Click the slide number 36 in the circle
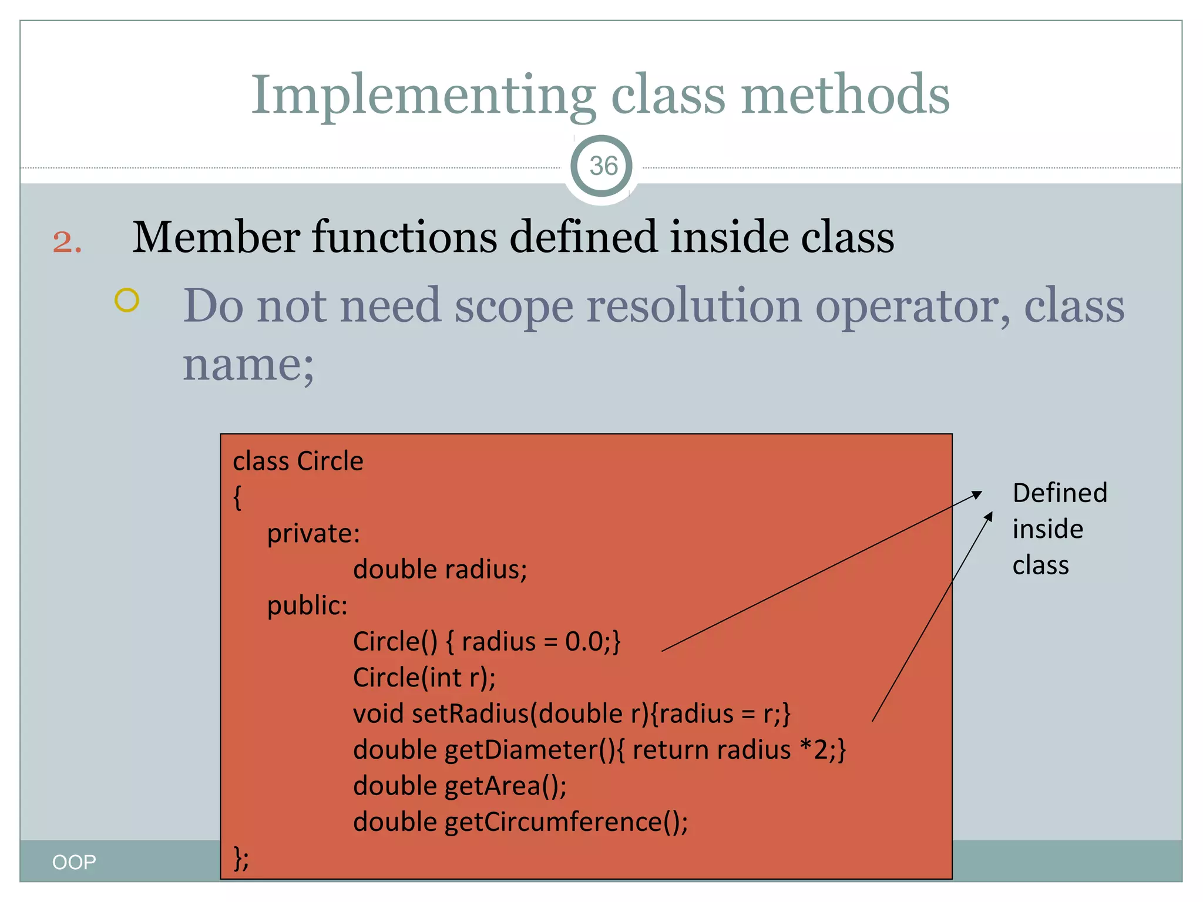pyautogui.click(x=603, y=166)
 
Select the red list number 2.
pyautogui.click(x=67, y=241)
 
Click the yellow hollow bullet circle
pyautogui.click(x=127, y=300)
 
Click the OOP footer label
pyautogui.click(x=74, y=862)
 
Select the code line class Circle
pyautogui.click(x=298, y=461)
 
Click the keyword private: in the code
pyautogui.click(x=313, y=533)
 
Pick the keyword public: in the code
pyautogui.click(x=307, y=605)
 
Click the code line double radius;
pyautogui.click(x=440, y=569)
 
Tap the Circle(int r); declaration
pyautogui.click(x=424, y=678)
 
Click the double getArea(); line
pyautogui.click(x=459, y=786)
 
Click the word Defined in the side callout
pyautogui.click(x=1060, y=493)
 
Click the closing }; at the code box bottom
pyautogui.click(x=241, y=858)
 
